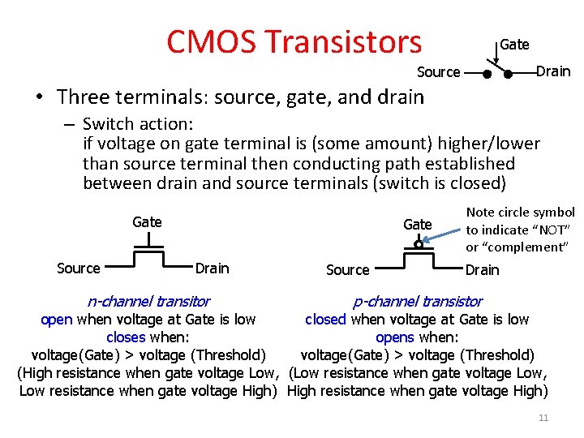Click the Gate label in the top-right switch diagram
point(514,45)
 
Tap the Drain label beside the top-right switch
point(553,71)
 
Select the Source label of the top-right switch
point(438,72)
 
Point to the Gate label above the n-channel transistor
point(147,221)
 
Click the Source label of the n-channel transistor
point(79,268)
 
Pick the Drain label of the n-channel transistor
point(213,268)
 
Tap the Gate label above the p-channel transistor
point(417,224)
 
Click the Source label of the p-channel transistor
point(347,270)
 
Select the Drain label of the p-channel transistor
point(482,270)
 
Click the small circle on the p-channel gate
point(418,243)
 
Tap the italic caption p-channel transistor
point(417,302)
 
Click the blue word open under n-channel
point(56,320)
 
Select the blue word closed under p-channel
point(325,320)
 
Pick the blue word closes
point(126,337)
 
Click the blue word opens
point(394,337)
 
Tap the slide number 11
point(543,418)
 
